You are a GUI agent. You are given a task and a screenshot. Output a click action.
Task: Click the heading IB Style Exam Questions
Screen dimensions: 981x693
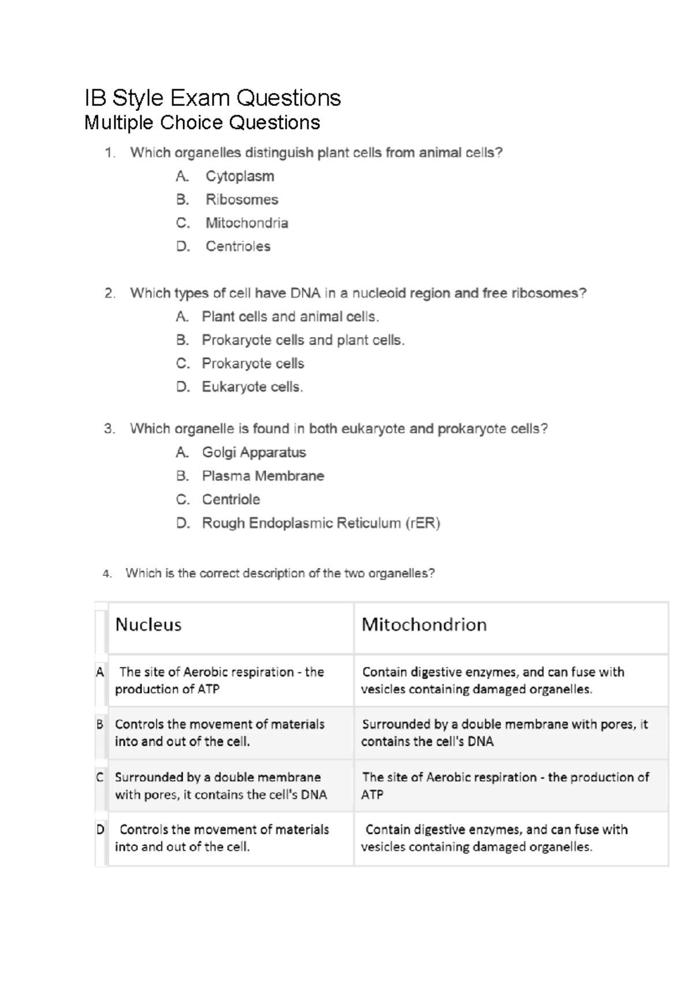click(x=213, y=98)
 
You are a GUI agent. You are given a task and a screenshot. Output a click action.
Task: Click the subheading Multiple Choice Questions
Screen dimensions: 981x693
click(x=202, y=122)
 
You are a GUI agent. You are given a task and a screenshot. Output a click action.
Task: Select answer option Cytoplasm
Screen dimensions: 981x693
click(x=240, y=176)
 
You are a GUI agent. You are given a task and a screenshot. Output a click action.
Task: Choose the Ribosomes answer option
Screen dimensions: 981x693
click(x=241, y=199)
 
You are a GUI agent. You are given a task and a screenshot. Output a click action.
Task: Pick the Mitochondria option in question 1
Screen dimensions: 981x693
click(x=247, y=223)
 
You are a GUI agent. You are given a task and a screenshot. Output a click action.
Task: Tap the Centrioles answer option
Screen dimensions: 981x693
click(x=238, y=246)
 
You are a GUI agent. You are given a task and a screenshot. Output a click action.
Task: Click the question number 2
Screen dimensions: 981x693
click(x=109, y=293)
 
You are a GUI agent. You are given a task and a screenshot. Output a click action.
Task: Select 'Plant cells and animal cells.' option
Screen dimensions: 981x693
click(x=290, y=317)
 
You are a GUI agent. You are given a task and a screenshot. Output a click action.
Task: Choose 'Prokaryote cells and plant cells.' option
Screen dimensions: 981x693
click(x=303, y=340)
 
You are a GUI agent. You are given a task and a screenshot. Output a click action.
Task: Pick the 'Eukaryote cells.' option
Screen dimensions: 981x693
click(x=252, y=387)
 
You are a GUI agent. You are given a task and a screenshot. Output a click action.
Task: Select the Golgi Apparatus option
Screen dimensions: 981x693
click(x=254, y=452)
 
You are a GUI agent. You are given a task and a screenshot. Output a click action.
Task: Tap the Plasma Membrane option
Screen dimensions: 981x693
click(x=263, y=476)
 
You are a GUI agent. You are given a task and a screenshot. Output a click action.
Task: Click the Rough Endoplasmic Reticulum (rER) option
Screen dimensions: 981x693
click(x=321, y=523)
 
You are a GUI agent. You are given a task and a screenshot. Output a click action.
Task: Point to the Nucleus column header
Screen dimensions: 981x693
click(x=148, y=625)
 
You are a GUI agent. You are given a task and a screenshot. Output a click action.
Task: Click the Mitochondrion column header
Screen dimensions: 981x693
click(x=424, y=625)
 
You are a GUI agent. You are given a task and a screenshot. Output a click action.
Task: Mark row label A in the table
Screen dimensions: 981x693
click(x=100, y=672)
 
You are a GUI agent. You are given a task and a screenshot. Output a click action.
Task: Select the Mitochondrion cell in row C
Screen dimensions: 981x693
click(x=505, y=786)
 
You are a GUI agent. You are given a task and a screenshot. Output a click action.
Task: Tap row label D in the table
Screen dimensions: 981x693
click(x=100, y=830)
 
